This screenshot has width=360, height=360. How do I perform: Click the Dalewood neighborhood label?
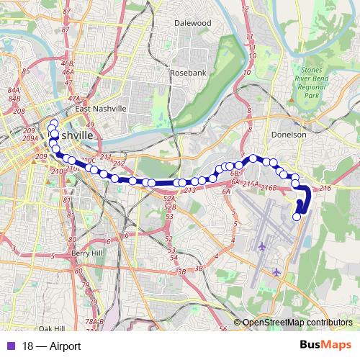192,23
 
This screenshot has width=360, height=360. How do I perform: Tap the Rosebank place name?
188,73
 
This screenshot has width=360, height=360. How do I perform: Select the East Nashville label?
101,109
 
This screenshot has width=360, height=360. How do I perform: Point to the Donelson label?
291,135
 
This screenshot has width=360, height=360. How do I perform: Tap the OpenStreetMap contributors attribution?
297,323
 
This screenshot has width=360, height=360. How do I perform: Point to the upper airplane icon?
261,247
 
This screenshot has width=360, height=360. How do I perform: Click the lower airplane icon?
277,271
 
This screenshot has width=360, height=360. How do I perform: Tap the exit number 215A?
251,185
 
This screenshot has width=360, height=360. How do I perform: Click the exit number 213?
190,190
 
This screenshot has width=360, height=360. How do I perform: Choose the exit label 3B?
182,271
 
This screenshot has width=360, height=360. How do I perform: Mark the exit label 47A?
73,98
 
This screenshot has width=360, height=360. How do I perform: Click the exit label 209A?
30,138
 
